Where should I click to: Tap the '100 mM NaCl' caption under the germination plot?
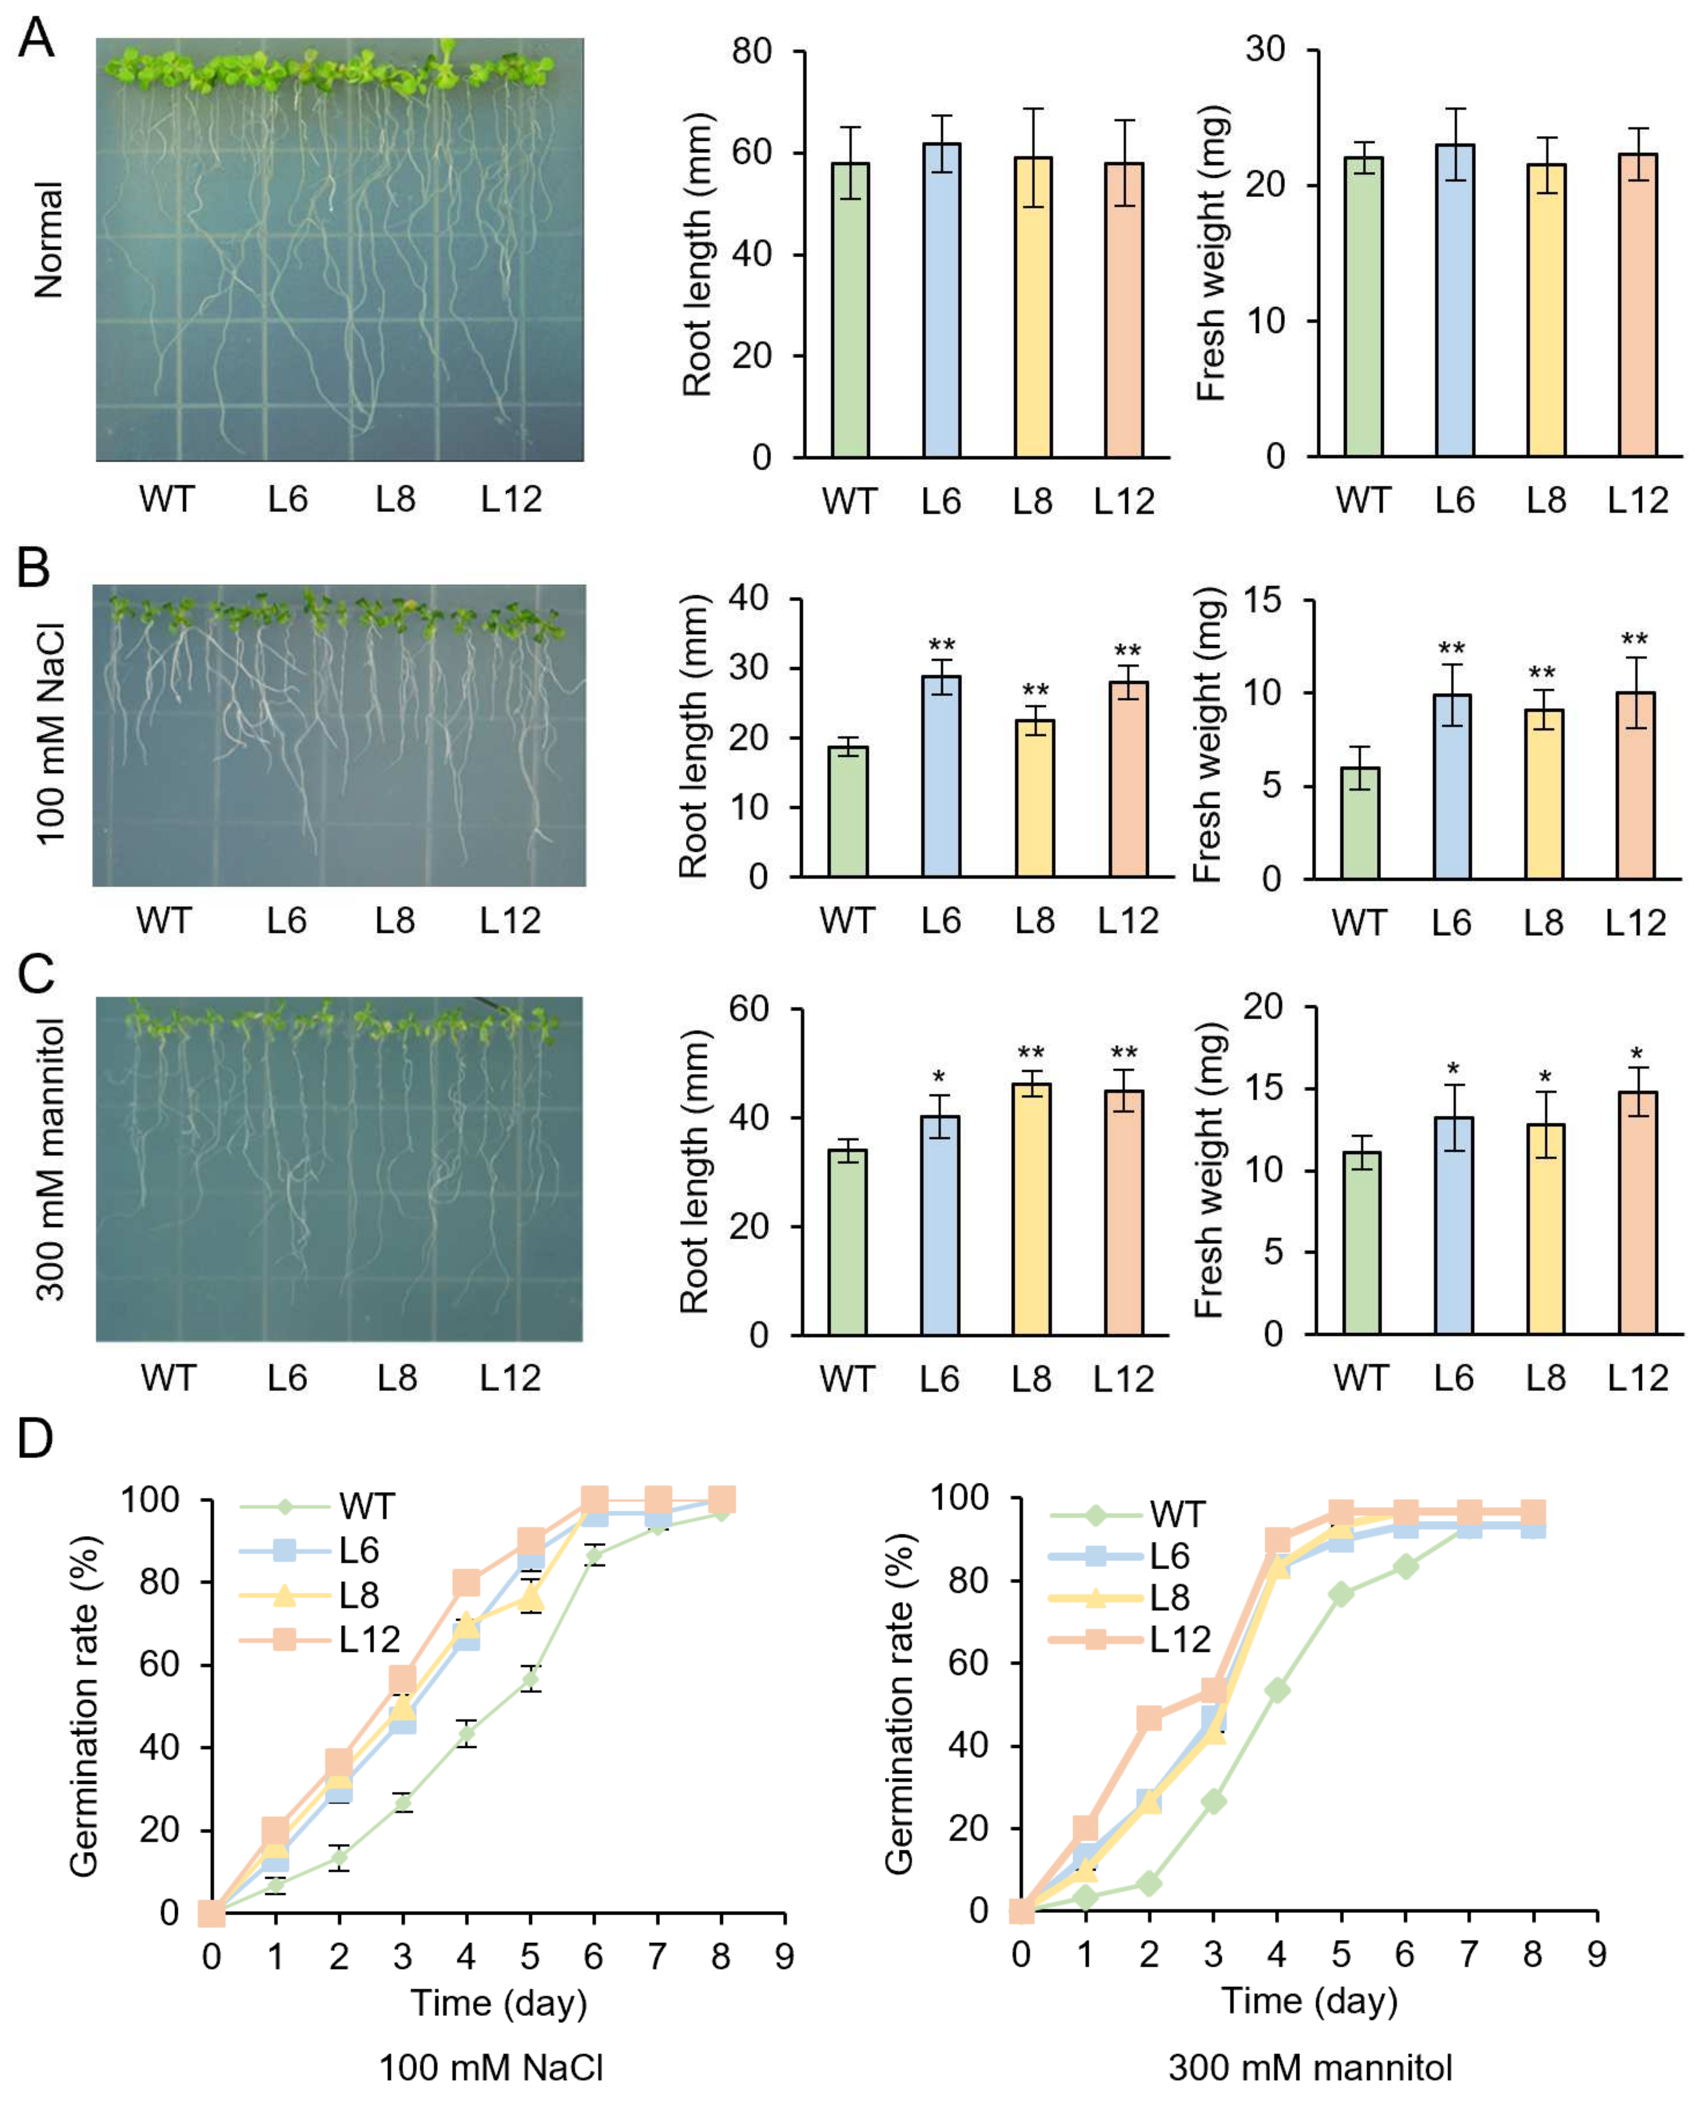click(x=491, y=2067)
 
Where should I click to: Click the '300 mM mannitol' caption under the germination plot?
click(x=1310, y=2067)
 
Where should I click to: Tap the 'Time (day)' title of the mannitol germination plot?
click(x=1309, y=2000)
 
